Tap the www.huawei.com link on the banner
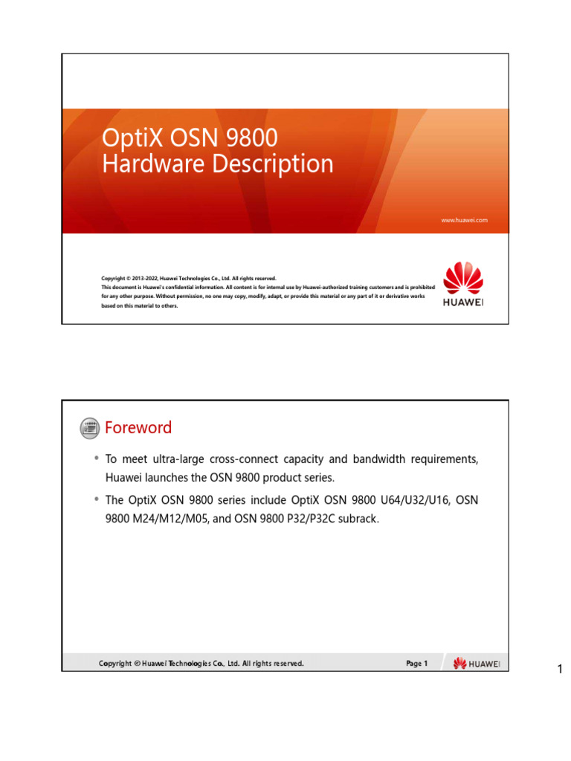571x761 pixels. (x=464, y=220)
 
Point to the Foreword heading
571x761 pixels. (x=138, y=427)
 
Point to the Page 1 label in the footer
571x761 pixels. (x=417, y=664)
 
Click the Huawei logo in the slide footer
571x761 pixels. (x=477, y=664)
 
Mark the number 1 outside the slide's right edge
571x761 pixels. (x=561, y=671)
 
